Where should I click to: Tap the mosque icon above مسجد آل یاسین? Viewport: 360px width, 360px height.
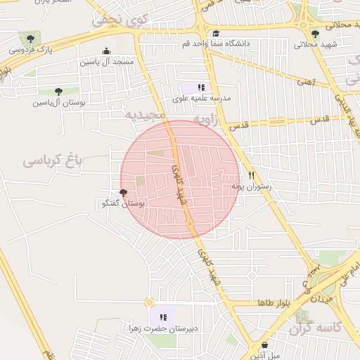[x=106, y=51]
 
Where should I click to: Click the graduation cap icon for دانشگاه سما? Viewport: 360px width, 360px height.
[x=216, y=33]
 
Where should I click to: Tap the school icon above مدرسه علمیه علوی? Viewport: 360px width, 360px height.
[x=201, y=87]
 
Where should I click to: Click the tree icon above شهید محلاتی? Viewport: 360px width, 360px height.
[x=315, y=33]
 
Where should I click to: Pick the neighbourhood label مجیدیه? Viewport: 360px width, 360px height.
[x=146, y=114]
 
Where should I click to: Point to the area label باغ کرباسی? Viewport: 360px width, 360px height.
[x=53, y=160]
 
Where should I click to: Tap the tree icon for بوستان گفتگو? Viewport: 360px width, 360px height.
[x=123, y=193]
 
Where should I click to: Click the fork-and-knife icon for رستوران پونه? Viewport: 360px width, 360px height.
[x=250, y=176]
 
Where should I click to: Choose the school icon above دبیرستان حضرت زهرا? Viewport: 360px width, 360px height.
[x=163, y=317]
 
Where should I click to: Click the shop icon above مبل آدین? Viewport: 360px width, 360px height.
[x=264, y=345]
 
